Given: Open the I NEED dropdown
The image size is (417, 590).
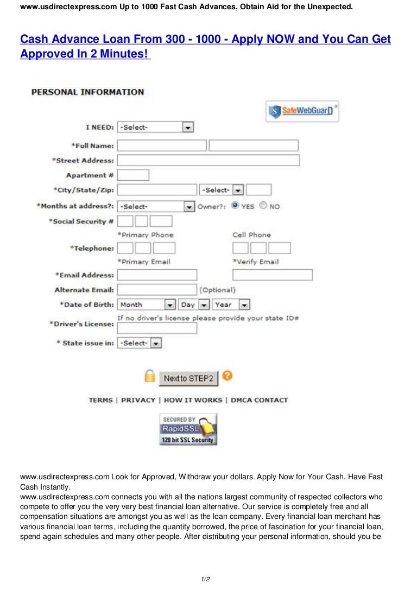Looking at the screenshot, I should [155, 127].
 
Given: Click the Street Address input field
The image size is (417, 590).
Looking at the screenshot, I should [208, 160].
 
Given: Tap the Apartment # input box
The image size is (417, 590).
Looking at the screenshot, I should [133, 175].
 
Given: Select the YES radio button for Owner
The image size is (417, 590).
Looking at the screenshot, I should [235, 206].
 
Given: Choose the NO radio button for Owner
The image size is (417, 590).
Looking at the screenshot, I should [263, 206].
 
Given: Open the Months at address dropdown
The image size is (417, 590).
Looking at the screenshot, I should [156, 206].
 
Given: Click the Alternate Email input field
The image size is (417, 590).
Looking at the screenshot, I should [157, 290].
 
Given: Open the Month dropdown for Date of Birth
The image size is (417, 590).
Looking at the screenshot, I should [147, 304].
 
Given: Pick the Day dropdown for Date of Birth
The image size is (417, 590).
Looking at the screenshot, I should [194, 304].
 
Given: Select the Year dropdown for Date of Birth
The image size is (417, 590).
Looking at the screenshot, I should [231, 304].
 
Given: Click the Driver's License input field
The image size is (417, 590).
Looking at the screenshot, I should [157, 328].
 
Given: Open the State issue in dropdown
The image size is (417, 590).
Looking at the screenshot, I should [140, 343].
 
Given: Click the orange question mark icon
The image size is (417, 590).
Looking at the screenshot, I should [228, 376].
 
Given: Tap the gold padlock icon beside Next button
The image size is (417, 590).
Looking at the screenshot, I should [149, 376].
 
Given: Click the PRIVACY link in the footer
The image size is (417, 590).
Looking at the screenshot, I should [138, 400].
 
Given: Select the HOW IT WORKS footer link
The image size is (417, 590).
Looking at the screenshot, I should [193, 400].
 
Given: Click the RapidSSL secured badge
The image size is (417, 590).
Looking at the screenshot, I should [188, 429].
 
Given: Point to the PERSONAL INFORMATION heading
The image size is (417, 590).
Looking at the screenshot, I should [87, 92].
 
